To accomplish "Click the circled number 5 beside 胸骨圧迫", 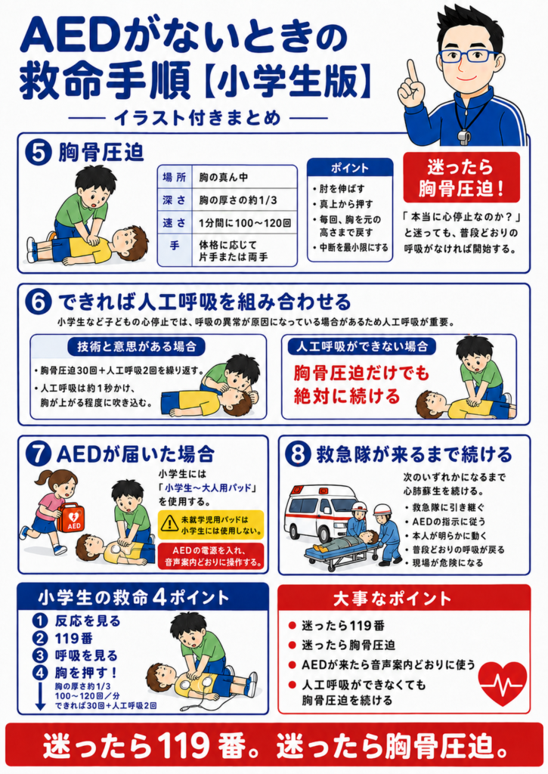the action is pos(39,152).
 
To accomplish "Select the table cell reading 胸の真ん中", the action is pos(224,177).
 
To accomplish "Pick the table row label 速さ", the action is pos(175,223).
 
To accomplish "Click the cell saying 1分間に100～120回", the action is pos(245,223).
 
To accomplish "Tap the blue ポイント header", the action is pos(349,168).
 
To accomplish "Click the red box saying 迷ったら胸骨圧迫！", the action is pos(462,178).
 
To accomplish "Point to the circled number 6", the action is pos(39,302).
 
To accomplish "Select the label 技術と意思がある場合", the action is pos(137,346).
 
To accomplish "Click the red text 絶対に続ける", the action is pos(347,396).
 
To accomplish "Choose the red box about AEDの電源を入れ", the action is pos(211,556).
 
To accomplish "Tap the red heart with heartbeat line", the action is pos(503,683).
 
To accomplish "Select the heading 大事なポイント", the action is pos(392,599).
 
